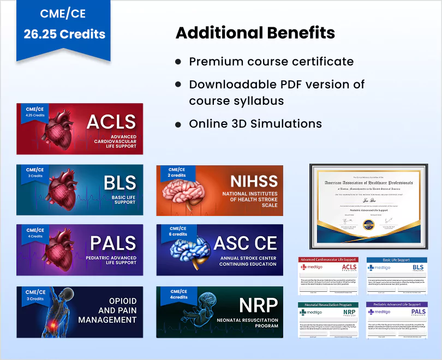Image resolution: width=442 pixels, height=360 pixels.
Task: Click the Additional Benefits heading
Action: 255,33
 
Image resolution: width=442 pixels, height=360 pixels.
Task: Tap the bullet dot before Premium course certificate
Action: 178,62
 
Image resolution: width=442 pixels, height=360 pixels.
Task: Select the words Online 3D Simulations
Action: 255,124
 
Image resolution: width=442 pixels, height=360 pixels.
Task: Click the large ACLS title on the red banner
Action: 111,122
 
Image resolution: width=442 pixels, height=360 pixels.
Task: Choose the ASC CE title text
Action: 245,243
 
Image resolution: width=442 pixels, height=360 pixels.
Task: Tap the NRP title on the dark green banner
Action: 258,304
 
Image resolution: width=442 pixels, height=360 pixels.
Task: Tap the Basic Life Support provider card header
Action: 396,260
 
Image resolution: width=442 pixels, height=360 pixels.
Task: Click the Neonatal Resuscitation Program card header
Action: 328,304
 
